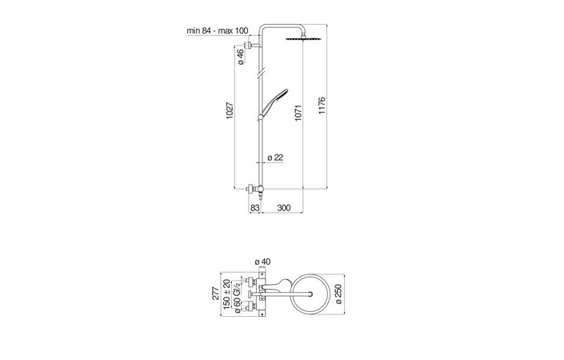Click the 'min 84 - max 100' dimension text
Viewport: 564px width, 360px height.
(218, 30)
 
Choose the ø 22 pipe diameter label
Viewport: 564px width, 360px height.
(274, 157)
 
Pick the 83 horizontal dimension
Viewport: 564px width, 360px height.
(254, 208)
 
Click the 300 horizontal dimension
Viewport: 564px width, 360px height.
(283, 208)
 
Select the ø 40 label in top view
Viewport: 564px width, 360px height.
(262, 262)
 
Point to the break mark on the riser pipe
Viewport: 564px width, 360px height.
(258, 74)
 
